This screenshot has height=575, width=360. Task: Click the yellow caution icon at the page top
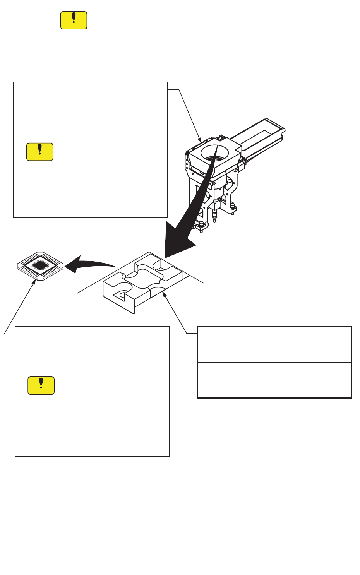coord(74,20)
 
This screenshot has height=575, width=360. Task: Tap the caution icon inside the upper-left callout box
coord(39,152)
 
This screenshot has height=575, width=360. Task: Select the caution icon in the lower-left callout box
coord(41,385)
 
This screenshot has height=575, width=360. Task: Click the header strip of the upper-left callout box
coord(90,89)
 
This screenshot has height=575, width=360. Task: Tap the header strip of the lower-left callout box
coord(92,334)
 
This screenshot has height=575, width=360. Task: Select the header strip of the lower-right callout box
coord(274,333)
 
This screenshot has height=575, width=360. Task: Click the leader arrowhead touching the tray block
coord(165,295)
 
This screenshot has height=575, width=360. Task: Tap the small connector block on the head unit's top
coord(221,137)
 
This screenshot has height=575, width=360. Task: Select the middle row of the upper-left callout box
coord(90,107)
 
